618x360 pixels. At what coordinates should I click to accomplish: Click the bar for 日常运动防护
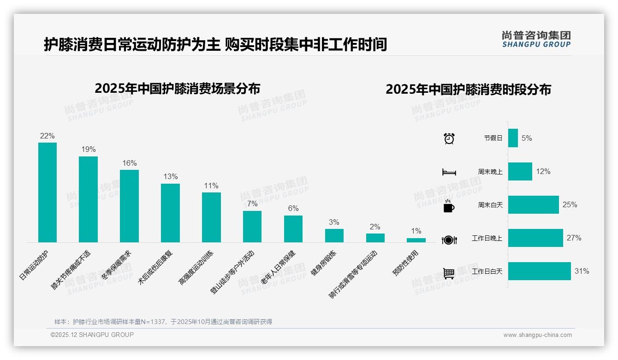[48, 192]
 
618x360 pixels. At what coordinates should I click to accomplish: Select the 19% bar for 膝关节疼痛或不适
[88, 199]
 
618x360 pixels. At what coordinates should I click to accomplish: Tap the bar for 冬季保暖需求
[129, 206]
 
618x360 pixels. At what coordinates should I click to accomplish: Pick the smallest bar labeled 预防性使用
[416, 240]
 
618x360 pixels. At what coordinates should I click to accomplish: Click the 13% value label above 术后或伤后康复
[170, 177]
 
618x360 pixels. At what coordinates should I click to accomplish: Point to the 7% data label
[252, 204]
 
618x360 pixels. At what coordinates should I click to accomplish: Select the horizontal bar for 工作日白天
[539, 271]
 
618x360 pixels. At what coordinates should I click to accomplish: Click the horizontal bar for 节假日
[513, 138]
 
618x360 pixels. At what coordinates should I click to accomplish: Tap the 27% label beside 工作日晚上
[574, 238]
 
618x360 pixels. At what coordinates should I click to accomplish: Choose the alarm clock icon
[449, 138]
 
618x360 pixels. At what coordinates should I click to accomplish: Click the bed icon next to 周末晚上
[449, 172]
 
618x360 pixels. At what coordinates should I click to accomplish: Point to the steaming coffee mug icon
[449, 206]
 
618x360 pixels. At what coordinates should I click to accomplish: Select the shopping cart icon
[449, 273]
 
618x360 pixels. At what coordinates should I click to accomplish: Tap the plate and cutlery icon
[449, 240]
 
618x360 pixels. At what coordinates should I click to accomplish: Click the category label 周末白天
[490, 205]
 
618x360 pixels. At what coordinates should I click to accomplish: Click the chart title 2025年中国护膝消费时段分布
[468, 90]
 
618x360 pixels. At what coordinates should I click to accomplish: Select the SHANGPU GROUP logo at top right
[536, 39]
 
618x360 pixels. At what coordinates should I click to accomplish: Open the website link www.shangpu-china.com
[537, 335]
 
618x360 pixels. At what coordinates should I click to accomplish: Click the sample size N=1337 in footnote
[152, 322]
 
